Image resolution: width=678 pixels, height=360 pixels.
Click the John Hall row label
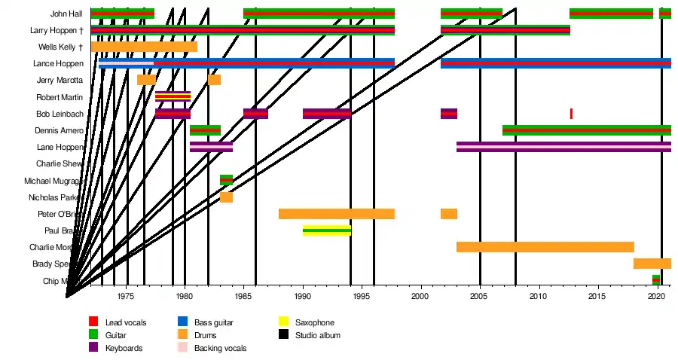tap(67, 14)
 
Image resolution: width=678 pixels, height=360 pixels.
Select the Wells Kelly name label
tap(60, 47)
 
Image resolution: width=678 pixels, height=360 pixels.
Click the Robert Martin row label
tap(60, 97)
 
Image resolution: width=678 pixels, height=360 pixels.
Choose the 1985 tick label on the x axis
tap(243, 296)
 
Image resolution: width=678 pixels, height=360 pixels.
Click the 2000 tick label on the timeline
tap(420, 296)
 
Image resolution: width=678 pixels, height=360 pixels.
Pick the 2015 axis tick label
tap(597, 296)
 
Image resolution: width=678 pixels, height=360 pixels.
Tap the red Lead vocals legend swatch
tap(93, 322)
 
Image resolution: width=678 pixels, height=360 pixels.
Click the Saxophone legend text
tap(314, 322)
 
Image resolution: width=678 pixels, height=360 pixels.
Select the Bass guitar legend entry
tap(213, 322)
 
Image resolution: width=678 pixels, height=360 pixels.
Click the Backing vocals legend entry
tap(220, 348)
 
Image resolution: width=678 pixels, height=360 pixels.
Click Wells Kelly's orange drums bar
tap(143, 47)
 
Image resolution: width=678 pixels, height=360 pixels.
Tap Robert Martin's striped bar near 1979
tap(173, 96)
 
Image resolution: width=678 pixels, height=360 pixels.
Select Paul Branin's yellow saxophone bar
tap(326, 230)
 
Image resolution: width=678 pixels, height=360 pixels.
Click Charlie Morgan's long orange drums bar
tap(545, 247)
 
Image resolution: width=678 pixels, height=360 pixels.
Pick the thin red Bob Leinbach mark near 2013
tap(571, 114)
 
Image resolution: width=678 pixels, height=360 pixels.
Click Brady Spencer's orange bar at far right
tap(652, 264)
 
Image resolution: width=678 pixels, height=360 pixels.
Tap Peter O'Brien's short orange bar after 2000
tap(448, 214)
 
